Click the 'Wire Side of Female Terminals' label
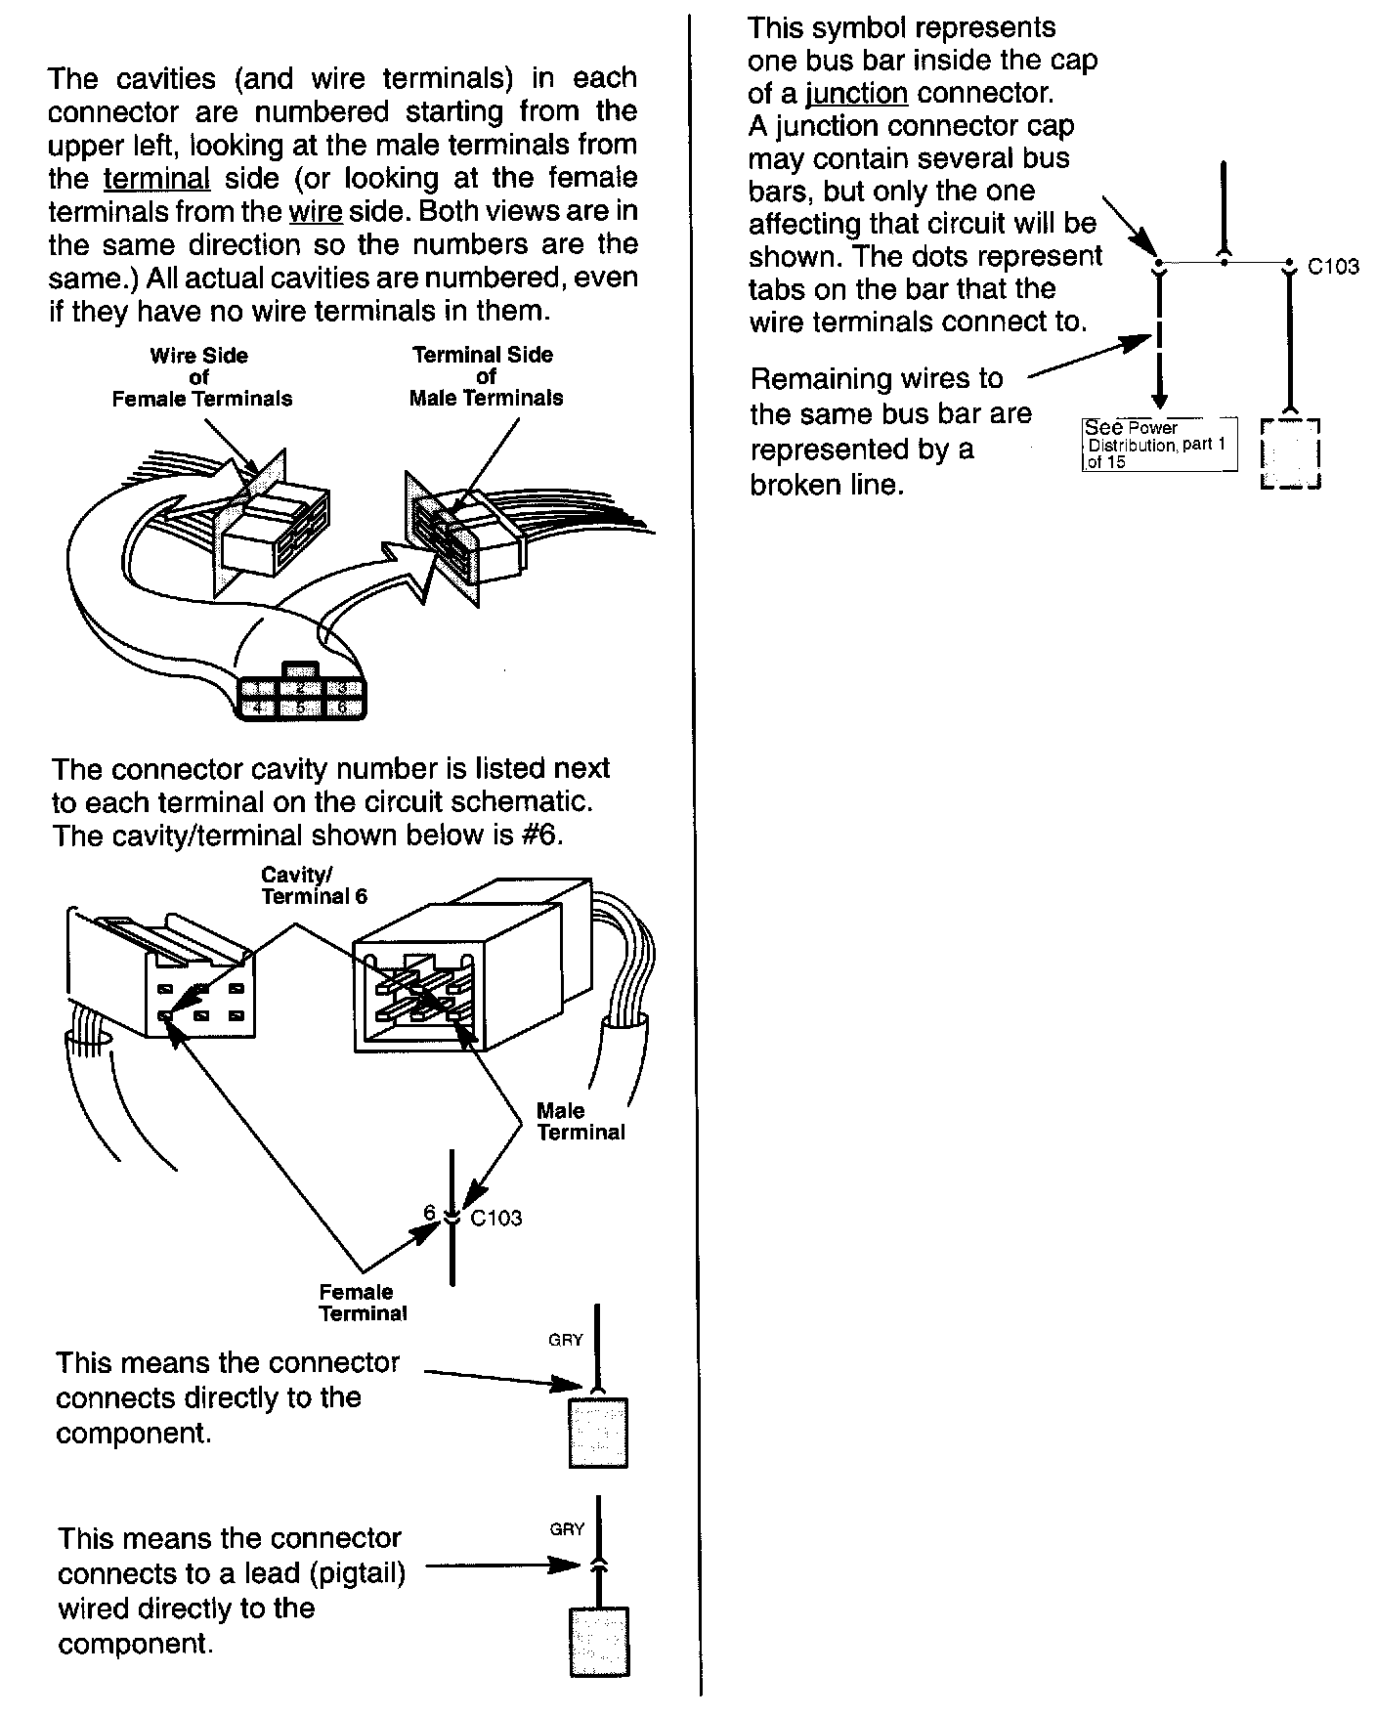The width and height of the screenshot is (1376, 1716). click(x=201, y=377)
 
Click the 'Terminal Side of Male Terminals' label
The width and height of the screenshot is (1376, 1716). click(x=486, y=376)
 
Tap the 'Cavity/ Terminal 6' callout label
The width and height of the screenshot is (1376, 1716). click(x=314, y=885)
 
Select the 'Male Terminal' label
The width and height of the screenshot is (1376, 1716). click(x=580, y=1122)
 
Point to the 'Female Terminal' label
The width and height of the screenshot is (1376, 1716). click(x=363, y=1303)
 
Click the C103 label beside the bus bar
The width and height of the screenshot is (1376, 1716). click(x=1333, y=267)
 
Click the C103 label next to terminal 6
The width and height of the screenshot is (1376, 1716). click(x=496, y=1219)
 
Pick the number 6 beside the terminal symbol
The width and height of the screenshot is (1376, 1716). click(x=429, y=1213)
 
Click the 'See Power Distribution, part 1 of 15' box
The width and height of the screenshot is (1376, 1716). click(x=1159, y=445)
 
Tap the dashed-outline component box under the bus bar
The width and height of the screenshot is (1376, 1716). click(x=1291, y=454)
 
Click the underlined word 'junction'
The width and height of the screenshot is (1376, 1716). click(x=857, y=94)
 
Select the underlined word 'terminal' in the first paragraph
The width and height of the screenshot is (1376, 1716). click(x=156, y=179)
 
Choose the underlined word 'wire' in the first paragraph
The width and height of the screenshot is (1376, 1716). click(x=315, y=212)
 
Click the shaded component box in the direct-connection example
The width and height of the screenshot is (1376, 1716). click(x=598, y=1433)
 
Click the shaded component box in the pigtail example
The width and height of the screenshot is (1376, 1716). click(x=598, y=1642)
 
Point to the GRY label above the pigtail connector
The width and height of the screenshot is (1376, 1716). click(x=567, y=1529)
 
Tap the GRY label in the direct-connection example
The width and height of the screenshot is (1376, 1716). click(x=566, y=1340)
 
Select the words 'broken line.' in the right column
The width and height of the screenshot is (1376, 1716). click(x=827, y=485)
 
